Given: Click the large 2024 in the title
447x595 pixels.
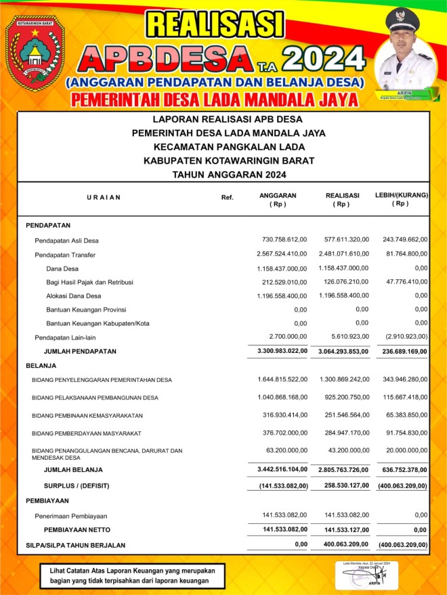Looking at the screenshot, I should click(324, 59).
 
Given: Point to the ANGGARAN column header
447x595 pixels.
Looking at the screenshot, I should click(278, 199).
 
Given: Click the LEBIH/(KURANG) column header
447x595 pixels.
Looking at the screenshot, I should click(402, 199).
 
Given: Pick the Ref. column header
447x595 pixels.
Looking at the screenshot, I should click(227, 197).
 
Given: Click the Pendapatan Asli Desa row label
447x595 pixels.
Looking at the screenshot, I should click(66, 241).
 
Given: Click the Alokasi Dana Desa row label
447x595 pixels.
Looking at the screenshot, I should click(74, 296).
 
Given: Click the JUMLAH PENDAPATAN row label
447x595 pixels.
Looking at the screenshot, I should click(80, 352).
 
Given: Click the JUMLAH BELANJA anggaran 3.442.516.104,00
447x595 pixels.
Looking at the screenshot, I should click(282, 469).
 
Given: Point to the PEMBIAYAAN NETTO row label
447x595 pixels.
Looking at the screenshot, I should click(77, 529).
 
